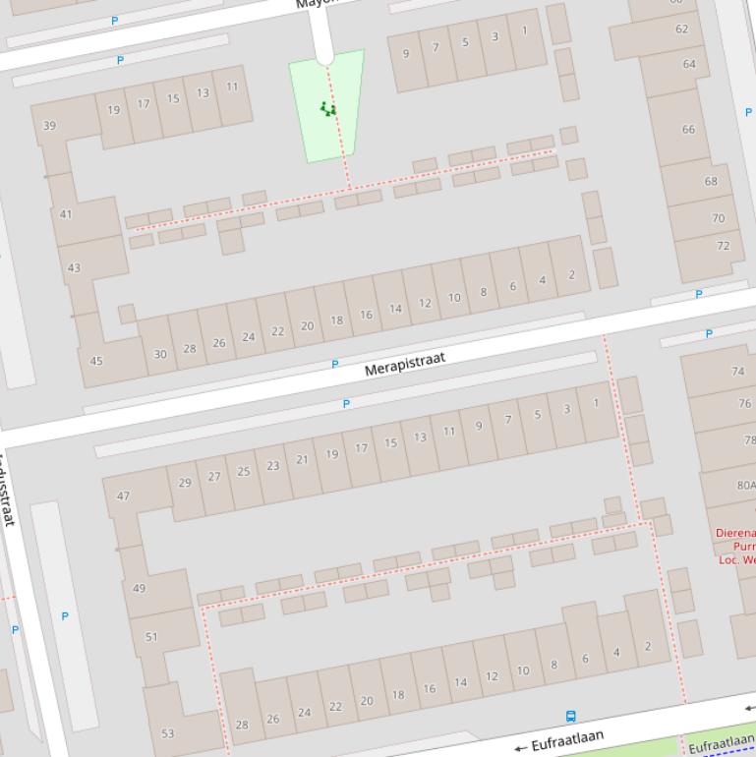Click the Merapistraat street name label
point(404,364)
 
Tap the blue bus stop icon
point(571,717)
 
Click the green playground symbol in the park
point(328,108)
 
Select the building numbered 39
point(49,126)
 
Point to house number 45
point(96,361)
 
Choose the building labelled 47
point(123,495)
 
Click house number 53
point(167,732)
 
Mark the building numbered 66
point(688,129)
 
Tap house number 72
point(724,246)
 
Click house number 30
point(160,354)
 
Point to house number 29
point(185,482)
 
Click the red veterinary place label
point(736,546)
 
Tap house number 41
point(66,213)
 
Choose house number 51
point(151,636)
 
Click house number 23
point(272,465)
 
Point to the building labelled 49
point(139,588)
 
